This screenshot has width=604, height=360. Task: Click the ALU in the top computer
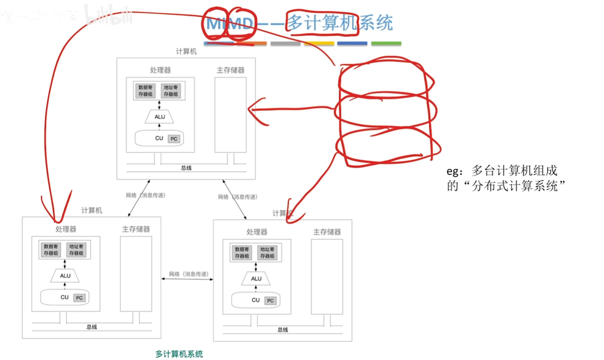point(160,117)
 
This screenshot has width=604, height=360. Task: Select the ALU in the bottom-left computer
point(65,276)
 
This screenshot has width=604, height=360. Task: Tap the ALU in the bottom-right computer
point(256,279)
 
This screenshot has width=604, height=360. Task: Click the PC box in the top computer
point(174,139)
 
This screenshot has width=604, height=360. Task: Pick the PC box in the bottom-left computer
point(79,298)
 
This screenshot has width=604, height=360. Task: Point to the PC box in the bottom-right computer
point(270,301)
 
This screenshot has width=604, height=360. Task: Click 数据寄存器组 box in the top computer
point(145,91)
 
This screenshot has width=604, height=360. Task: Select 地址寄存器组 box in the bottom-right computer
point(267,252)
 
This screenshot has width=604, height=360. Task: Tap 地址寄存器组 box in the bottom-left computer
point(76,250)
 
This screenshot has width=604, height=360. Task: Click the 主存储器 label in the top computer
point(230,70)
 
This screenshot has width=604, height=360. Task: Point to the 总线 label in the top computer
point(186,168)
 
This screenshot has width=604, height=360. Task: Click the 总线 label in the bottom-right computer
point(282,329)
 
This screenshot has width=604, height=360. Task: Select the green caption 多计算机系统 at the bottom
point(179,354)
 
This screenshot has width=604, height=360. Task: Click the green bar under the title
point(386,43)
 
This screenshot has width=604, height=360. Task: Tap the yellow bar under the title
point(319,43)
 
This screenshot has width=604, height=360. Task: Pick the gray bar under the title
point(285,43)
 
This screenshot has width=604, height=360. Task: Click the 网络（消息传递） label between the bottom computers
point(188,274)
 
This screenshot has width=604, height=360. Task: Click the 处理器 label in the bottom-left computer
point(66,229)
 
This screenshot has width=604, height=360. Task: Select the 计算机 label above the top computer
point(186,51)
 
